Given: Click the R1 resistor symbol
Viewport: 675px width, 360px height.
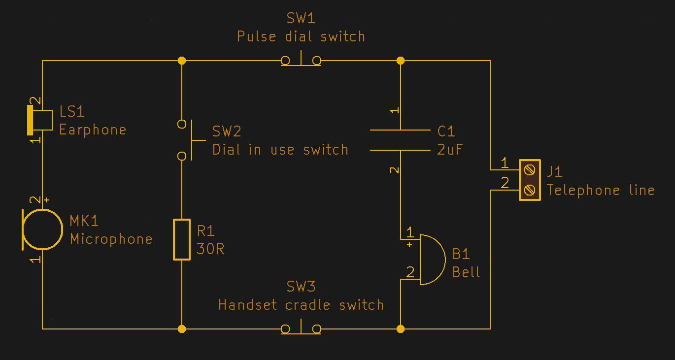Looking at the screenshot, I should coord(182,239).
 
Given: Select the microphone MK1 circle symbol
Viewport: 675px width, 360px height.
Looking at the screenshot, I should coord(43,229).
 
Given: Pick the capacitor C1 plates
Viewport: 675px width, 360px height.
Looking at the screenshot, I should coord(400,140).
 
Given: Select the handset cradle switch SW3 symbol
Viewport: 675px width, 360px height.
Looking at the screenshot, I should coord(301,328).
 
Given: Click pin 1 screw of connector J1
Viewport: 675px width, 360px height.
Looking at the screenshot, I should coord(530,170).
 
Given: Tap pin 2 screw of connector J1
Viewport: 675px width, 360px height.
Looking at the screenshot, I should coord(530,190).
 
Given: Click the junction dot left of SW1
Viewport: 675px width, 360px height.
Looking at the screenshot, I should coord(182,61).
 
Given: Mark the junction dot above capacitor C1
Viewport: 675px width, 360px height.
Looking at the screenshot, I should coord(401,61).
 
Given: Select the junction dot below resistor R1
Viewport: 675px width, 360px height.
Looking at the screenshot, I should coord(182,328).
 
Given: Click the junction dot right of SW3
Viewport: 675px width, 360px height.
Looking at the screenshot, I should coord(401,328).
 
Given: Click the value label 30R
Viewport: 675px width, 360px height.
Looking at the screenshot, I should coord(210,249).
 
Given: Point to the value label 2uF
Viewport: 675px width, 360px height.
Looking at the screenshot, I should coord(450,150).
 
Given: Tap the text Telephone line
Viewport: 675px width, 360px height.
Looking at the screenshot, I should coord(601,190).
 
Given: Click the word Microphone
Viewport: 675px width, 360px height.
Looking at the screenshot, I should coord(111,239).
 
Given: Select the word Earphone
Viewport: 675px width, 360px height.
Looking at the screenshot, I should coord(93,130).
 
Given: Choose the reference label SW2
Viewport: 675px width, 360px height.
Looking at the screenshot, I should coord(227,131).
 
